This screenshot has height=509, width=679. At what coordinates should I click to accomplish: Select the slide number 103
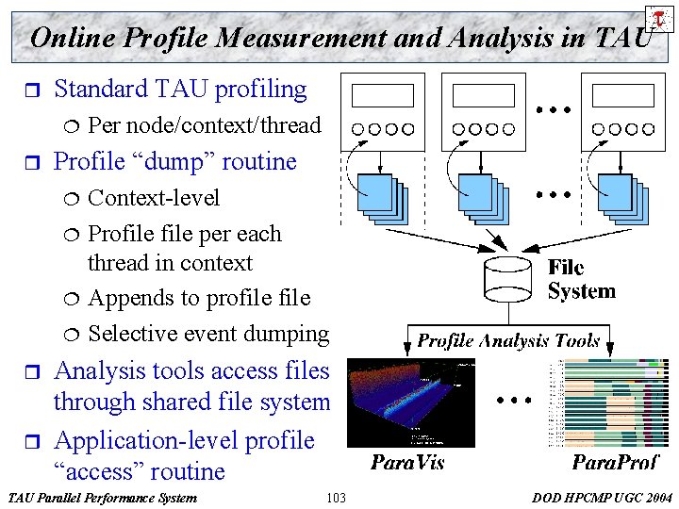(x=335, y=497)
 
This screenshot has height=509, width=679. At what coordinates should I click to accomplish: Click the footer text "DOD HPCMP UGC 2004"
(x=603, y=497)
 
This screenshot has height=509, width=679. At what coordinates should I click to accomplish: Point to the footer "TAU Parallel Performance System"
(x=101, y=497)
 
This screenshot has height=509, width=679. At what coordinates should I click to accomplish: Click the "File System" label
(x=580, y=280)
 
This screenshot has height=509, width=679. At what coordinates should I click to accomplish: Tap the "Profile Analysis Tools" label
(x=508, y=340)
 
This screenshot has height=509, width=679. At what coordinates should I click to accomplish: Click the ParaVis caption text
(x=406, y=462)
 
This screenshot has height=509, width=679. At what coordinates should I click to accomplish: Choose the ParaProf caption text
(x=615, y=462)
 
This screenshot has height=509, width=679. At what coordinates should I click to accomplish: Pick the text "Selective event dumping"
(x=207, y=333)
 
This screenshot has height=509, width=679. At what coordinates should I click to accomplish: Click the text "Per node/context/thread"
(x=204, y=124)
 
